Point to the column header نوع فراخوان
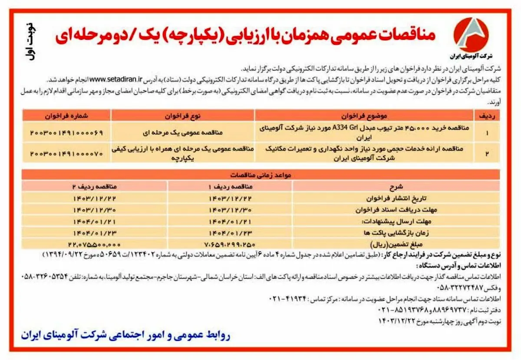[183, 116]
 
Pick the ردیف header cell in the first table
[486, 116]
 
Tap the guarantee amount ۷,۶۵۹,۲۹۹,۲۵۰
[230, 244]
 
